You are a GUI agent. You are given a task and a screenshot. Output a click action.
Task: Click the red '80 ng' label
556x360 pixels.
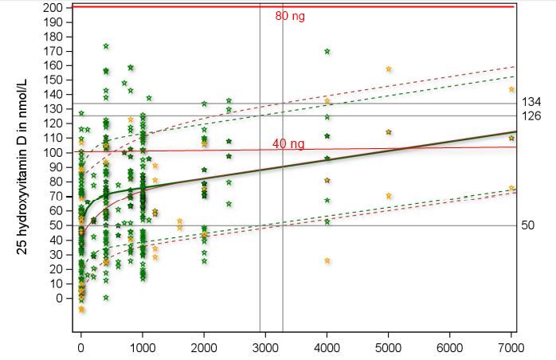point(290,16)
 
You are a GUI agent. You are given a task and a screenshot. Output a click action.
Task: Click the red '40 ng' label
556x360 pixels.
point(288,144)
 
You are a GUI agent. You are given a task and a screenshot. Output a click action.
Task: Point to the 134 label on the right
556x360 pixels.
point(531,103)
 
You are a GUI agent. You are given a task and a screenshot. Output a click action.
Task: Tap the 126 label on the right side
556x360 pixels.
point(531,116)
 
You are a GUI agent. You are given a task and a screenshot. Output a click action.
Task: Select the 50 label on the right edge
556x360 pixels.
point(528,225)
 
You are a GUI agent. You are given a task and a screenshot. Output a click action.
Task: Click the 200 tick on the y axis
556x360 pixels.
point(53,7)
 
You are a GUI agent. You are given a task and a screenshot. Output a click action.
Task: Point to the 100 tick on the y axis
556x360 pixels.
point(53,153)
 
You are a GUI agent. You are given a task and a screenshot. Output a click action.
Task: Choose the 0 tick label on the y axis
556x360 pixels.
point(59,299)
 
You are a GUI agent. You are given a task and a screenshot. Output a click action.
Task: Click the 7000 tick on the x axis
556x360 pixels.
point(511,348)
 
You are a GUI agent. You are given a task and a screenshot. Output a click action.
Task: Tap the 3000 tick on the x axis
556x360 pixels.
point(265,348)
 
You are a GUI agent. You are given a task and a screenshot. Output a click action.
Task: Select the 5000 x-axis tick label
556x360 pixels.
point(389,348)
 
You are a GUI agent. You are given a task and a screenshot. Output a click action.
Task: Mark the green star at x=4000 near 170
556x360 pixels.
point(327,52)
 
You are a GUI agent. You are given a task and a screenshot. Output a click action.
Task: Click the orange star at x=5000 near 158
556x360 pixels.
point(389,69)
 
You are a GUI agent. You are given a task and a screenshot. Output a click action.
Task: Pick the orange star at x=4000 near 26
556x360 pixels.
point(327,260)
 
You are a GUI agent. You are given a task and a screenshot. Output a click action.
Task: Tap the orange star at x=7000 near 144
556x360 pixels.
point(511,89)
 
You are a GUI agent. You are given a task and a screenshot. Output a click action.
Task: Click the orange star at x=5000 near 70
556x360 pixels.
point(389,196)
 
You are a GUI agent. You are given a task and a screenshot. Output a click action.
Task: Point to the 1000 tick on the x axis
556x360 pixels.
point(143,348)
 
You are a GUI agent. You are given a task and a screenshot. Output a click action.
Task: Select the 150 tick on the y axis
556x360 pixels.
point(53,80)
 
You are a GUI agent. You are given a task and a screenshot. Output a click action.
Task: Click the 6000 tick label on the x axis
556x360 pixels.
point(450,348)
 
